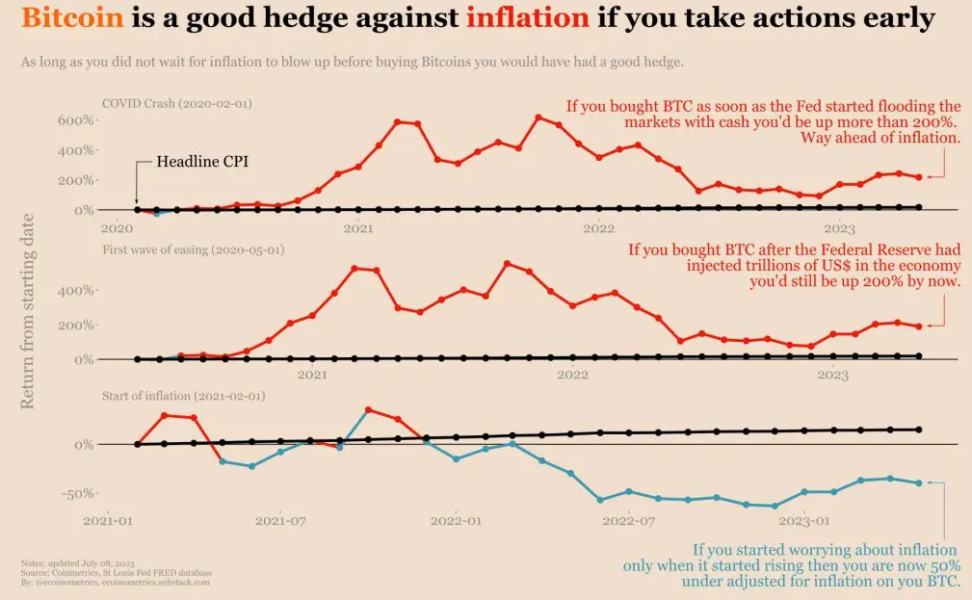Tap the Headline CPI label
[202, 162]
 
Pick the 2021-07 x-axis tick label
[280, 521]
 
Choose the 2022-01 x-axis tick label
[456, 521]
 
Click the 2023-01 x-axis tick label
[805, 521]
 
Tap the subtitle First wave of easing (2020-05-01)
[194, 249]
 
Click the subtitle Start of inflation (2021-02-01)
[183, 396]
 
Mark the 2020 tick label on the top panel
[117, 228]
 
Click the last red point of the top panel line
[919, 177]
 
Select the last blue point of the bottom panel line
[919, 483]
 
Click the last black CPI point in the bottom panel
[919, 430]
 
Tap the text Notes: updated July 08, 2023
[76, 562]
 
